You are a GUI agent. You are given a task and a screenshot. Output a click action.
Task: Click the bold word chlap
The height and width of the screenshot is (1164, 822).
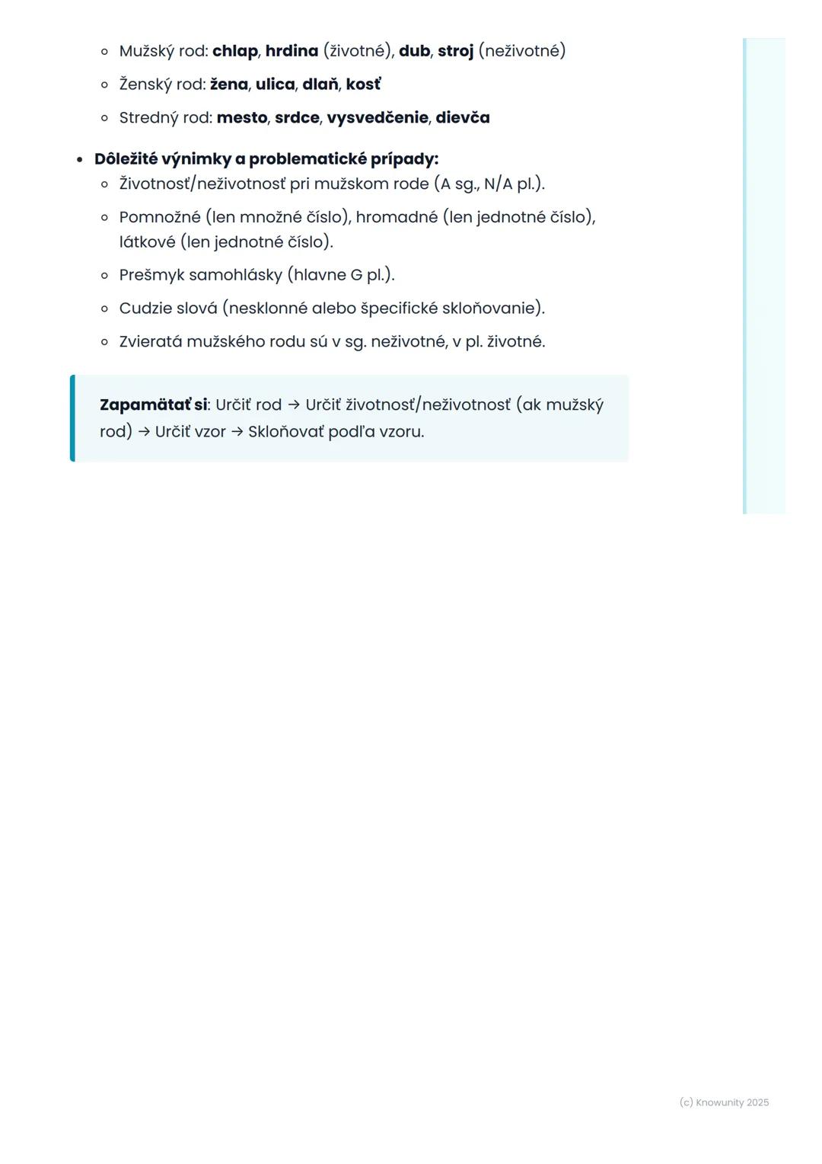[234, 51]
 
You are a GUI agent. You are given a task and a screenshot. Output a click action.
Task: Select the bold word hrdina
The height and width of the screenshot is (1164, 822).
[292, 51]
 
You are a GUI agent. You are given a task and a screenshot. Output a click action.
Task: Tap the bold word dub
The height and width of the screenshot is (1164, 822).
[414, 51]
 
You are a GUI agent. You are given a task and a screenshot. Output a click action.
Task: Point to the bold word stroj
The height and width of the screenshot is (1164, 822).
[455, 51]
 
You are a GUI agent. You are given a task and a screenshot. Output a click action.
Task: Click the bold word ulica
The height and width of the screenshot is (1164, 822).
[275, 85]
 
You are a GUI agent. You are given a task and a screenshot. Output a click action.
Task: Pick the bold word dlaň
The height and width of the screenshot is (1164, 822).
[320, 85]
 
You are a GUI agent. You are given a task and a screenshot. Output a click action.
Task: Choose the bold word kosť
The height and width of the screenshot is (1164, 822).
[363, 85]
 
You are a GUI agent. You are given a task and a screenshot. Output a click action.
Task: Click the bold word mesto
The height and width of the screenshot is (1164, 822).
[241, 118]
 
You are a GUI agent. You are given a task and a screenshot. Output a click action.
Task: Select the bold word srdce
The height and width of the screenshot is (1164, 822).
[297, 118]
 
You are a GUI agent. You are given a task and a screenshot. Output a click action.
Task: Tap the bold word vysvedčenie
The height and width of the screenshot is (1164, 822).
[378, 118]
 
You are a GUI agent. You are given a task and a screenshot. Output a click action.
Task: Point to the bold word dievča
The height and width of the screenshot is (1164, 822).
[463, 118]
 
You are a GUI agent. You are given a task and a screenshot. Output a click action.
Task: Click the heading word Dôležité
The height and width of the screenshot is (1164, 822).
[126, 159]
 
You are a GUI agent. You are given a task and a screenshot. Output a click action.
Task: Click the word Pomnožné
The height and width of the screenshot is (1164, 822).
[160, 217]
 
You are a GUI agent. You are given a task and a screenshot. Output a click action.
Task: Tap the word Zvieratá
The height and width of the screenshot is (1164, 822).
[151, 341]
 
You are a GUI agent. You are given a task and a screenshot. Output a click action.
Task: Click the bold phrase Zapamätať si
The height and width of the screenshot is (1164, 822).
[153, 405]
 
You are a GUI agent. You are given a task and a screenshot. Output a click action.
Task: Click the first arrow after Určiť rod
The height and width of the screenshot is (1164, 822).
[294, 405]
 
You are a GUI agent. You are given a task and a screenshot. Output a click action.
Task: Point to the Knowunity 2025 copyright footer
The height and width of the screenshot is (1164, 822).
[724, 1102]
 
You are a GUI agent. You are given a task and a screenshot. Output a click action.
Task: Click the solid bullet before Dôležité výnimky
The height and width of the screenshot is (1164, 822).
[79, 160]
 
